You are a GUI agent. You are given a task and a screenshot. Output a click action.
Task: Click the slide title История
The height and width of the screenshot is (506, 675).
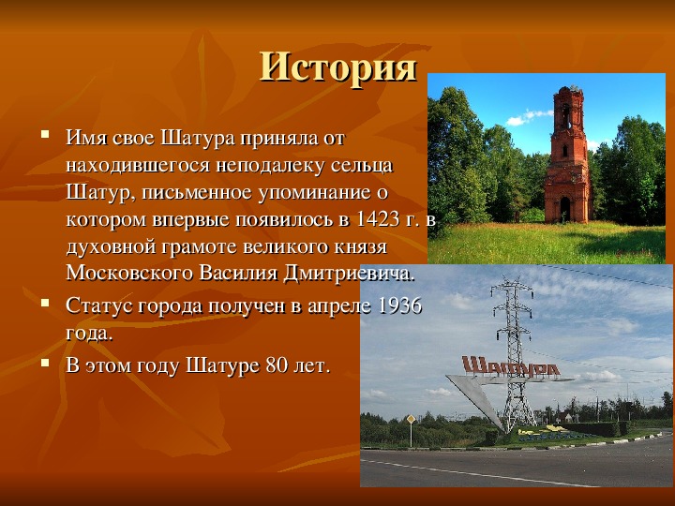tap(338, 67)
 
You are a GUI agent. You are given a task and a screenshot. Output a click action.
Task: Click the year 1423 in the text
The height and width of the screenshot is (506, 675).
tap(379, 219)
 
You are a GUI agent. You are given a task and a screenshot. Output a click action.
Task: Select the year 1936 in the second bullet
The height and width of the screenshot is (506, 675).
tap(399, 305)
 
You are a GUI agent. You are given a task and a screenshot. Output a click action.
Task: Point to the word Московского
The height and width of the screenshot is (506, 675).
tap(129, 274)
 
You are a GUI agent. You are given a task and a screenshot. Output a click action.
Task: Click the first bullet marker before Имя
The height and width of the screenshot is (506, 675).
tap(45, 134)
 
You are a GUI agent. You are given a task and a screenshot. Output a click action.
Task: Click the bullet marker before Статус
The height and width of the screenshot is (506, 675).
tap(45, 302)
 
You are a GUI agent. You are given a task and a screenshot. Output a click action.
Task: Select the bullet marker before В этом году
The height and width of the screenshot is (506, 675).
tap(45, 362)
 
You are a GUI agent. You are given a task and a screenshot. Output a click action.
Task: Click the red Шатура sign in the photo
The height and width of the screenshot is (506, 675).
tap(511, 366)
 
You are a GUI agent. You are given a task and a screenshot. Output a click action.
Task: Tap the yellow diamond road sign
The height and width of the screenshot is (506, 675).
tap(411, 419)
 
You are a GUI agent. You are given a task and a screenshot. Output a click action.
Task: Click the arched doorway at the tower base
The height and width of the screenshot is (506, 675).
tap(565, 209)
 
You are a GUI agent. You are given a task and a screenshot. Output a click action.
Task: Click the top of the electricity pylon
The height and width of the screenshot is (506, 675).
tap(512, 280)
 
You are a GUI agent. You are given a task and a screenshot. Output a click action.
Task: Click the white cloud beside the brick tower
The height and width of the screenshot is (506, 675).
tap(529, 117)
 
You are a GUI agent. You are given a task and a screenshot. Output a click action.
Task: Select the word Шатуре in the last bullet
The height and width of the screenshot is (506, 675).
tap(222, 365)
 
